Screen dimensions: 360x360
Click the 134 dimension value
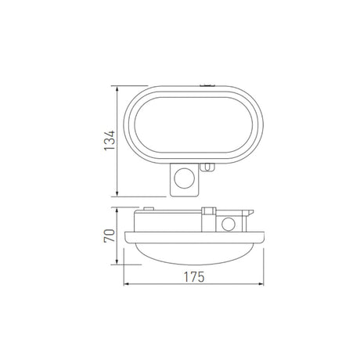pos(112,140)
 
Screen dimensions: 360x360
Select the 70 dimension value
pos(112,236)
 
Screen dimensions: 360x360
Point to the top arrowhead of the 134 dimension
pos(118,88)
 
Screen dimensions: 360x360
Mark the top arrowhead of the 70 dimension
pos(118,210)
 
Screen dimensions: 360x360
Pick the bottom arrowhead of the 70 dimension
pos(118,263)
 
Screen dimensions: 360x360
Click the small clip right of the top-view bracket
pos(207,166)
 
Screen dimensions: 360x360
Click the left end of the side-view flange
pos(126,234)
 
